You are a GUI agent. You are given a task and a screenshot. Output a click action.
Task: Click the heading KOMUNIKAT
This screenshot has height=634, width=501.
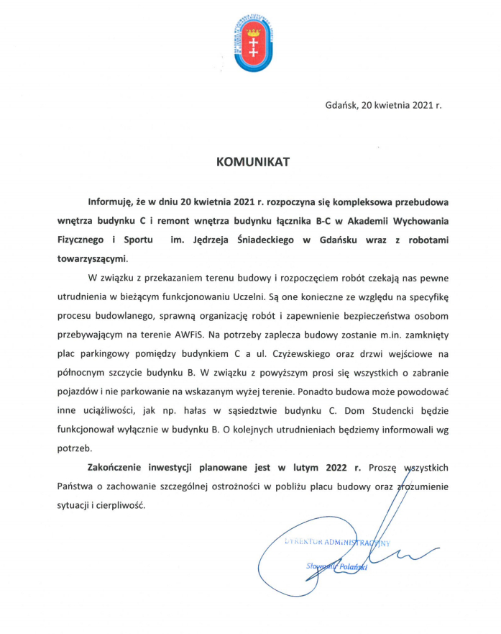(x=253, y=162)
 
